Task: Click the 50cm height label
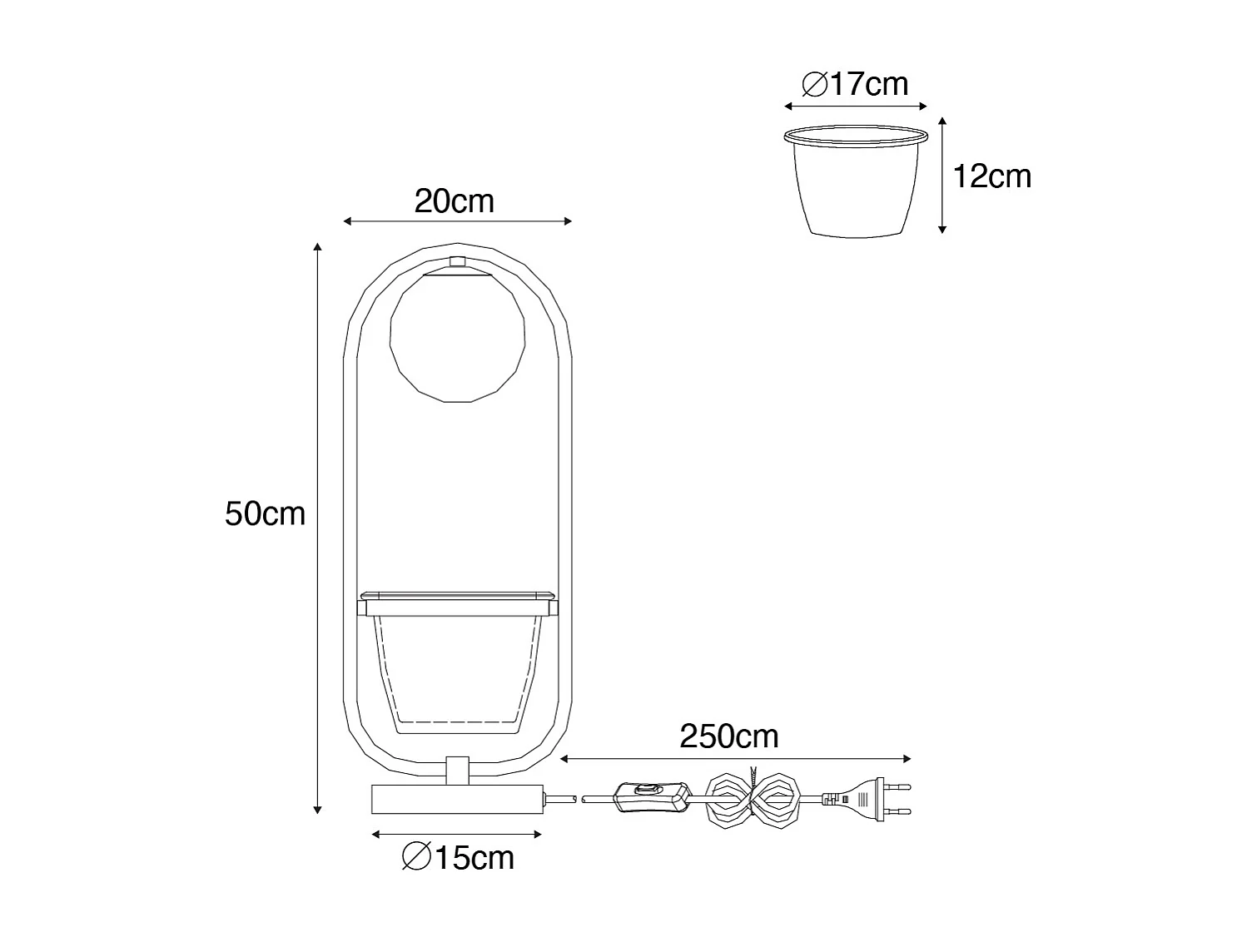[x=265, y=513]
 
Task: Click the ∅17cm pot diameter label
[x=855, y=84]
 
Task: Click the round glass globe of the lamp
[x=457, y=338]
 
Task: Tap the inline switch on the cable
[x=650, y=797]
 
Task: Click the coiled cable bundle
[x=753, y=800]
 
